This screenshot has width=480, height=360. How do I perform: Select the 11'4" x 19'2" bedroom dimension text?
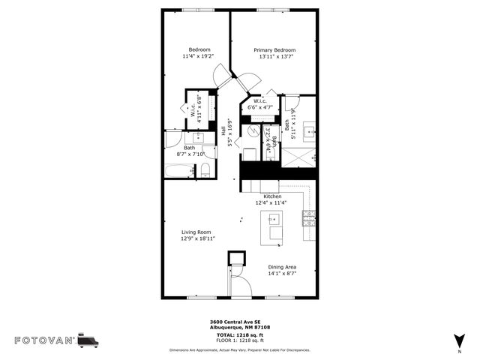pos(197,56)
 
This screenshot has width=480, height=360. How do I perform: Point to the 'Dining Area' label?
pos(282,267)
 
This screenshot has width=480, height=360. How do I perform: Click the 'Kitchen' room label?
pos(271,196)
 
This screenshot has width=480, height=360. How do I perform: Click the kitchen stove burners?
pos(308,218)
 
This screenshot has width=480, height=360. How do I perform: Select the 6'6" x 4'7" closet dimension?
pos(260,108)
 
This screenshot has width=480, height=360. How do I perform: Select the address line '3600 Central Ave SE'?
pos(238,320)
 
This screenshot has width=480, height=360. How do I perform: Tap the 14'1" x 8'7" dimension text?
pos(282,274)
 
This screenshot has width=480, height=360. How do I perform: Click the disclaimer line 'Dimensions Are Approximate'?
pos(239,349)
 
